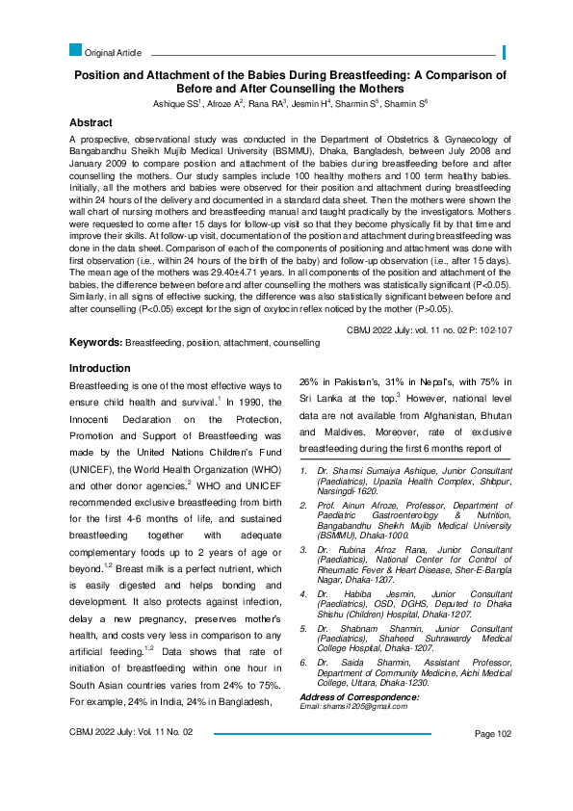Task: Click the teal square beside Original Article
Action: point(76,50)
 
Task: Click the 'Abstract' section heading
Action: point(91,123)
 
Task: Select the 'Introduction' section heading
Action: point(100,368)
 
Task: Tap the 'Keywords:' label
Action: point(95,343)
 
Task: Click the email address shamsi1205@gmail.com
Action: point(368,706)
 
